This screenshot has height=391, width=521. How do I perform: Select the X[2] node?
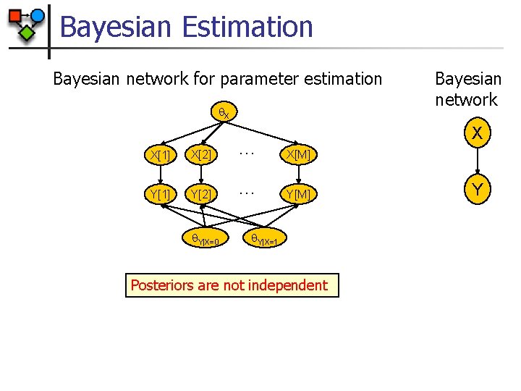[200, 155]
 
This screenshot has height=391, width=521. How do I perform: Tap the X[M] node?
[298, 155]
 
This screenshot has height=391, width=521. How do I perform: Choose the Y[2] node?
[200, 193]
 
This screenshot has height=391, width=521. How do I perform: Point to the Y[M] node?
[298, 193]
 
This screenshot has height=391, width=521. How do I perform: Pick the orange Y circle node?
[476, 190]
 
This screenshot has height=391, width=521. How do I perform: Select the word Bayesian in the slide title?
[117, 28]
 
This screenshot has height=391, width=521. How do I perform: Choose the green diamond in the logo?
[27, 33]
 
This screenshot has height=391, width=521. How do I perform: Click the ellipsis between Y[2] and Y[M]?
[247, 193]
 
